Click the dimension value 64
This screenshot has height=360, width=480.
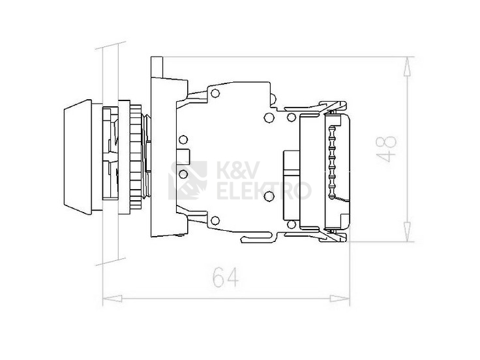tap(226, 277)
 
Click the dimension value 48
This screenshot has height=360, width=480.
tap(386, 149)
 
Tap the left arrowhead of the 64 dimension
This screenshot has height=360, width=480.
tap(112, 299)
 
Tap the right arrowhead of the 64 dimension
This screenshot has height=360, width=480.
tap(340, 299)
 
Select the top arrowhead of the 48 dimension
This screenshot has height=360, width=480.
tap(407, 66)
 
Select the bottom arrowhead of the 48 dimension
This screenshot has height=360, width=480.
tap(407, 232)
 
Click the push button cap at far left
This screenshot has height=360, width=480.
tap(78, 157)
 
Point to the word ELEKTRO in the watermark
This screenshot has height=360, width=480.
tap(264, 190)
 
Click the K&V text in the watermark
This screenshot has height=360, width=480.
tap(239, 170)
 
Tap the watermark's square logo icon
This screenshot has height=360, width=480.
tap(188, 180)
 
